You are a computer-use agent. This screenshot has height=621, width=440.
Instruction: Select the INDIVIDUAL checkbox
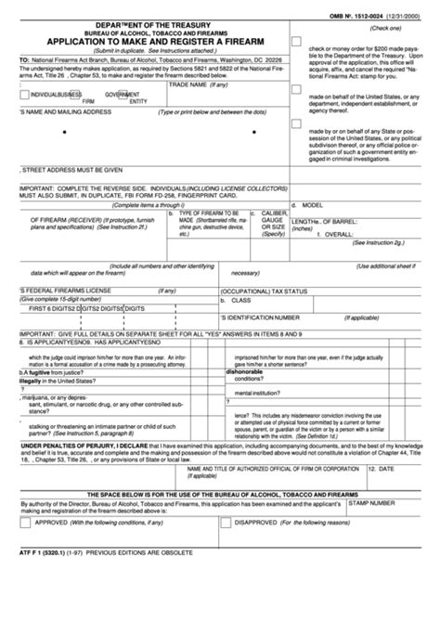point(24,94)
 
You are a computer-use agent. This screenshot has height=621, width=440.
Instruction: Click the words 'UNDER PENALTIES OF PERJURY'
point(63,445)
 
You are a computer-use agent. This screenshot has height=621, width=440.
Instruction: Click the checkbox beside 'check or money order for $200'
point(296,42)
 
